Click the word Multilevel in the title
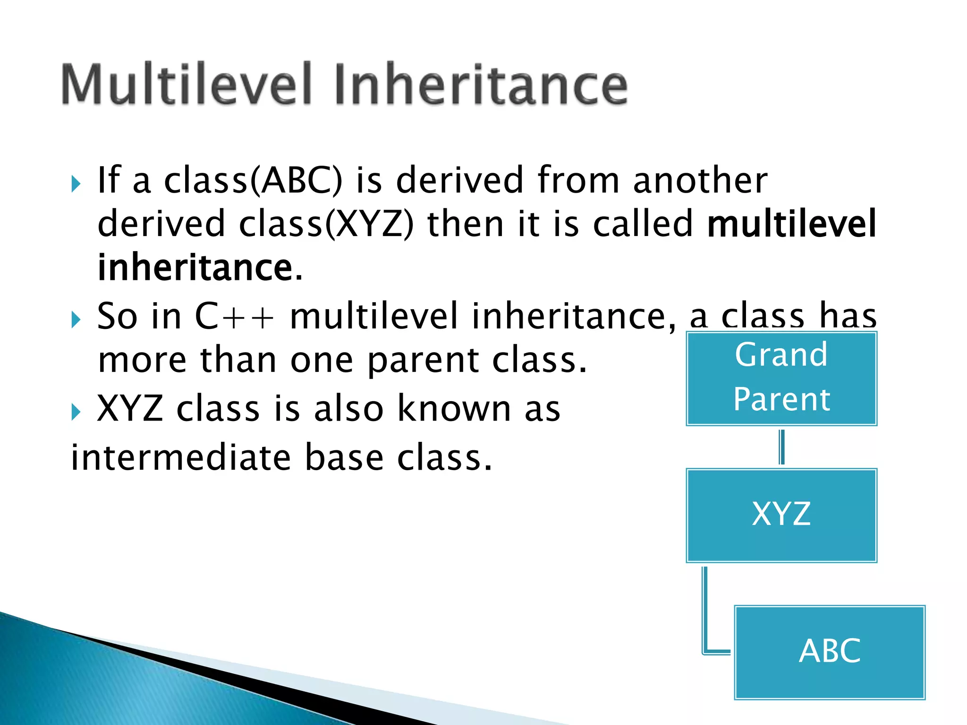(x=187, y=84)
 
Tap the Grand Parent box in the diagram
(x=781, y=378)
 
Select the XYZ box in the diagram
(x=781, y=515)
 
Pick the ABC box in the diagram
(x=830, y=652)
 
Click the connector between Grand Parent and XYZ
(x=781, y=447)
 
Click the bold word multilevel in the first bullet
(x=791, y=224)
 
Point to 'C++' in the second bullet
(x=234, y=316)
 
